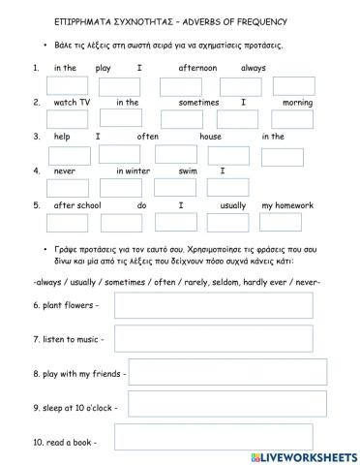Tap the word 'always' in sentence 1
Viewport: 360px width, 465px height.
coord(254,68)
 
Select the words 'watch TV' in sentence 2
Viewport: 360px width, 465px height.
coord(72,102)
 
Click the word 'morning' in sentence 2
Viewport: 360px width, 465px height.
coord(297,102)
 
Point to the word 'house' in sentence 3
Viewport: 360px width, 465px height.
coord(211,137)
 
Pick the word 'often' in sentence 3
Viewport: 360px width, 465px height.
coord(148,137)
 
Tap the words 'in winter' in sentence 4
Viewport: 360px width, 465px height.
coord(134,171)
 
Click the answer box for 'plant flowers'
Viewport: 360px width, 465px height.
coord(213,305)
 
